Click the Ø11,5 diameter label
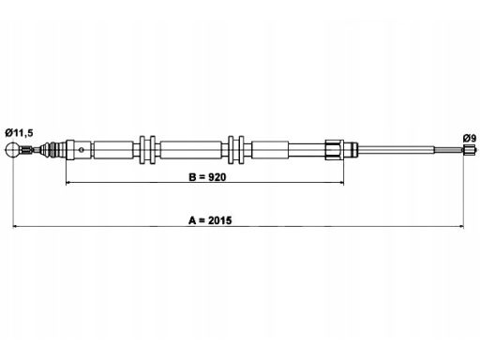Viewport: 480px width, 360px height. click(x=19, y=133)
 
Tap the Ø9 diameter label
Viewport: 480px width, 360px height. click(x=470, y=138)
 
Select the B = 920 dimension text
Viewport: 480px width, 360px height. click(x=207, y=177)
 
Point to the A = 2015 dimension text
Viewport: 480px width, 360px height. click(x=210, y=220)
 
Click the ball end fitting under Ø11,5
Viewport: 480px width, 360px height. click(x=13, y=150)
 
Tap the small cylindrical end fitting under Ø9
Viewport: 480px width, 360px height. click(x=467, y=150)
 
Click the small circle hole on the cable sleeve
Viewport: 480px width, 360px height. click(x=82, y=150)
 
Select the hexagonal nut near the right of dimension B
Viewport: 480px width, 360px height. click(x=334, y=150)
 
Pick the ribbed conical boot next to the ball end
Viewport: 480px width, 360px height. click(x=52, y=150)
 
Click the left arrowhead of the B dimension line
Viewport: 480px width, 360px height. click(x=68, y=183)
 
